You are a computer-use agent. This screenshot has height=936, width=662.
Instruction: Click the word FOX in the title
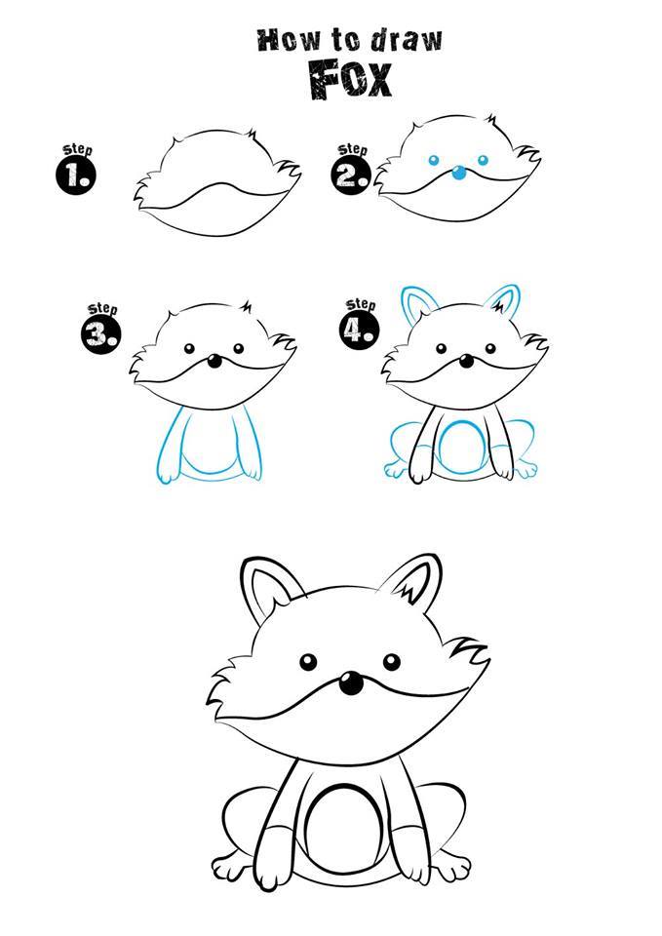(350, 79)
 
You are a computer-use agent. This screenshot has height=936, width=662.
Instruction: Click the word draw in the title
(408, 39)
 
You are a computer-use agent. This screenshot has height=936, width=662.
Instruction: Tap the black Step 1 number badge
(76, 175)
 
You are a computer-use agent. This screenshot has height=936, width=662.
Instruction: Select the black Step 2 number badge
(350, 175)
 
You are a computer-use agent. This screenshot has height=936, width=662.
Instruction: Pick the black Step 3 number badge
(100, 333)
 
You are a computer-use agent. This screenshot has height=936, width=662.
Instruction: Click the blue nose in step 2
(459, 174)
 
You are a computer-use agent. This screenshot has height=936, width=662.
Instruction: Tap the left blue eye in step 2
(434, 160)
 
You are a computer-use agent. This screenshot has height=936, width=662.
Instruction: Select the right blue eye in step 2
(483, 160)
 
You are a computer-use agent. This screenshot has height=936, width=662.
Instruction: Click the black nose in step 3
(214, 361)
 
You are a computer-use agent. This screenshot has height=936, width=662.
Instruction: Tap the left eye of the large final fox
(309, 662)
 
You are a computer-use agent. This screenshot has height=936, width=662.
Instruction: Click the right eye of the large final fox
(392, 661)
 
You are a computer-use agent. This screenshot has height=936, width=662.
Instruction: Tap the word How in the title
(287, 40)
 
